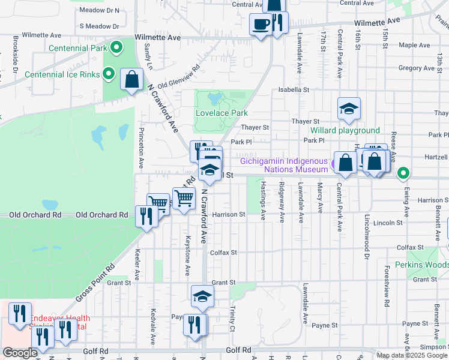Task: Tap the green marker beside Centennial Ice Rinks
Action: point(109,74)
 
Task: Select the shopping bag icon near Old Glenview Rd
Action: point(131,79)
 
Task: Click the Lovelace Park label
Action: point(221,113)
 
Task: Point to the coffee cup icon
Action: point(261,25)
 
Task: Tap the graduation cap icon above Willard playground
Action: point(349,109)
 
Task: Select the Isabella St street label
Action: point(293,90)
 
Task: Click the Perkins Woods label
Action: point(421,265)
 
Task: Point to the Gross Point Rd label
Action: point(94,284)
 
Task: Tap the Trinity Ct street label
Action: point(232,319)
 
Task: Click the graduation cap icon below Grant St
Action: point(203,296)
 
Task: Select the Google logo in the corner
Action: point(20,353)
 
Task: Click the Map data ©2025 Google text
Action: point(412,355)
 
